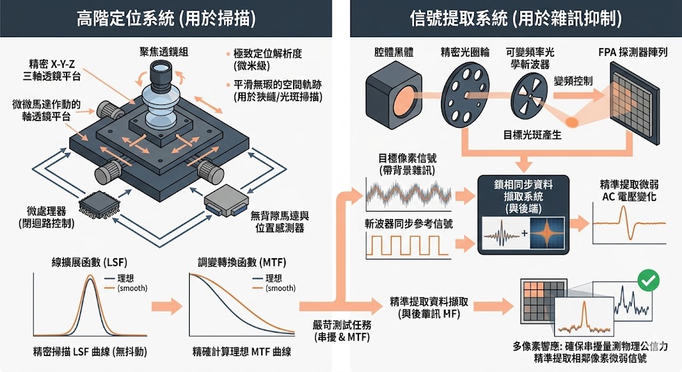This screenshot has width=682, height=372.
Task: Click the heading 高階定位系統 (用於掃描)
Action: [x=166, y=18]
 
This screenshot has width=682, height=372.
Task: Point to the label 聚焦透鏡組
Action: [x=163, y=51]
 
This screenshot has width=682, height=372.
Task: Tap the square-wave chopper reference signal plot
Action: [x=408, y=247]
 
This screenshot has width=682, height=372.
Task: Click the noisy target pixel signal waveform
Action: [x=408, y=194]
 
